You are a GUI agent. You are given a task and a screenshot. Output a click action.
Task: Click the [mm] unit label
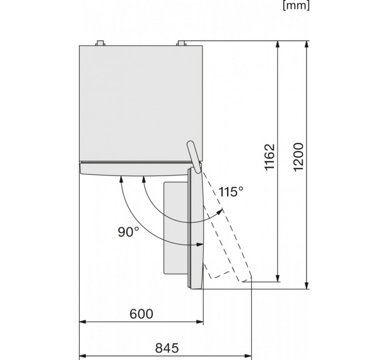coord(296,6)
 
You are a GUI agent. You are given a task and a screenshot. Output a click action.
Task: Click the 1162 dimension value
coord(270,157)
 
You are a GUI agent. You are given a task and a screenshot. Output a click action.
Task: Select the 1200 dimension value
coord(299,157)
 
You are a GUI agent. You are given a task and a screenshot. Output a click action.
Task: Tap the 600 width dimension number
coord(141,314)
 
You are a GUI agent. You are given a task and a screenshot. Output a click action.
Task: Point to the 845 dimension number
coord(167,348)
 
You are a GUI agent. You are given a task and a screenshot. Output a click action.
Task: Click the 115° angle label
coord(231,191)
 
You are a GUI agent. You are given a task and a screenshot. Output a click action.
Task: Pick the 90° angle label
coord(129,232)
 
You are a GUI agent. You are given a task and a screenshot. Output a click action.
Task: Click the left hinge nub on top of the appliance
coord(100,43)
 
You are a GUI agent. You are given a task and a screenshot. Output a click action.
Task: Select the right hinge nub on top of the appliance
coord(181,43)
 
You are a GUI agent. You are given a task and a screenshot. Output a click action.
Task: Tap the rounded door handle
coord(194,157)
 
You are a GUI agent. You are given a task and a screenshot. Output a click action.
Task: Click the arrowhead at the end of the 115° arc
coord(220,213)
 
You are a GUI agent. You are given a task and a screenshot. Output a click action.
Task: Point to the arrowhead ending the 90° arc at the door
coord(200,245)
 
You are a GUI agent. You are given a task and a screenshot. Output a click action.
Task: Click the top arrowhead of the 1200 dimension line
coord(307,44)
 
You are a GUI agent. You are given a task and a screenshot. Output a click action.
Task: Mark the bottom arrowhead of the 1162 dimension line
coord(277,278)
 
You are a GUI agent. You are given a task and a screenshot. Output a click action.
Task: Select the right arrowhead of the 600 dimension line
coord(200,322)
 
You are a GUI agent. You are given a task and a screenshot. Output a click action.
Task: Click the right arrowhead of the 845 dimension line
coord(248,356)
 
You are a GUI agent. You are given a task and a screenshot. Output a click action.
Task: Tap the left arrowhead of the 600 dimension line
coord(82,322)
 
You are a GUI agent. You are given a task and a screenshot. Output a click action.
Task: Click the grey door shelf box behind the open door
coord(176,228)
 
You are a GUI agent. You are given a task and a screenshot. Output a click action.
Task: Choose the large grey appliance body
coord(141,103)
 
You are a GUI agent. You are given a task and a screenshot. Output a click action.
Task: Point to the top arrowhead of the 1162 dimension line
coord(277,44)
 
